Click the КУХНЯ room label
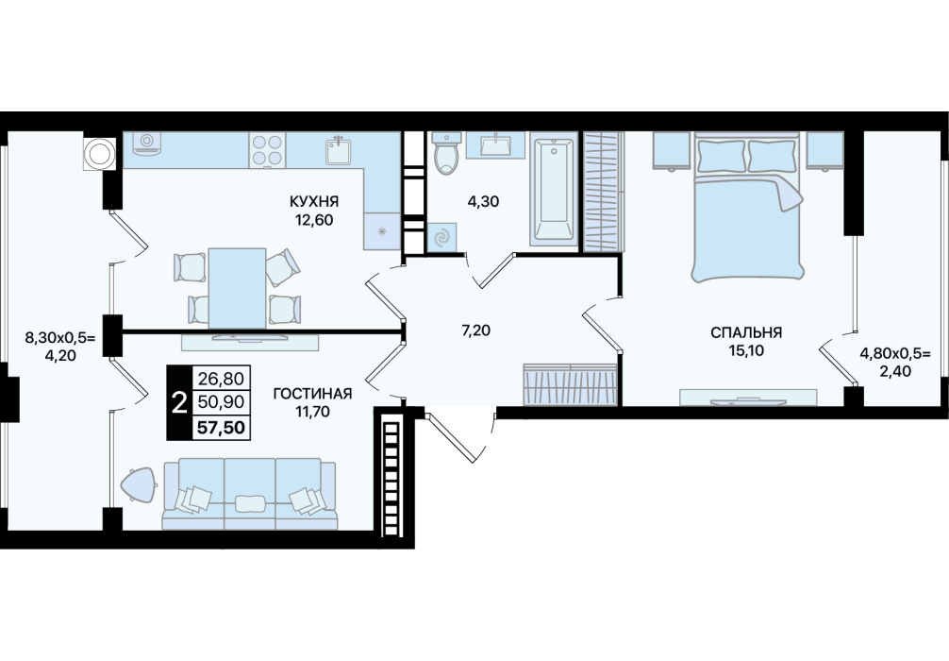(x=313, y=201)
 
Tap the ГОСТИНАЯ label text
(x=312, y=394)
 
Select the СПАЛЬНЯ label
(x=746, y=332)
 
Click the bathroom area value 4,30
(x=483, y=201)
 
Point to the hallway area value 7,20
(x=475, y=330)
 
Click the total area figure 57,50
(x=221, y=428)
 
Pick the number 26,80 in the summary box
(x=221, y=380)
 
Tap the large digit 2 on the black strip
(x=180, y=402)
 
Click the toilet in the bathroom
(x=447, y=154)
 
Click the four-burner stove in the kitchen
(x=267, y=150)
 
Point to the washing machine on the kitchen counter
(x=146, y=143)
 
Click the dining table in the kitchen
(x=237, y=287)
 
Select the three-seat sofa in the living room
(x=249, y=495)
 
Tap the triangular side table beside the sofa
(x=141, y=485)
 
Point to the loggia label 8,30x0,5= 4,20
(x=60, y=346)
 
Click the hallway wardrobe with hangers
(x=570, y=384)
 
